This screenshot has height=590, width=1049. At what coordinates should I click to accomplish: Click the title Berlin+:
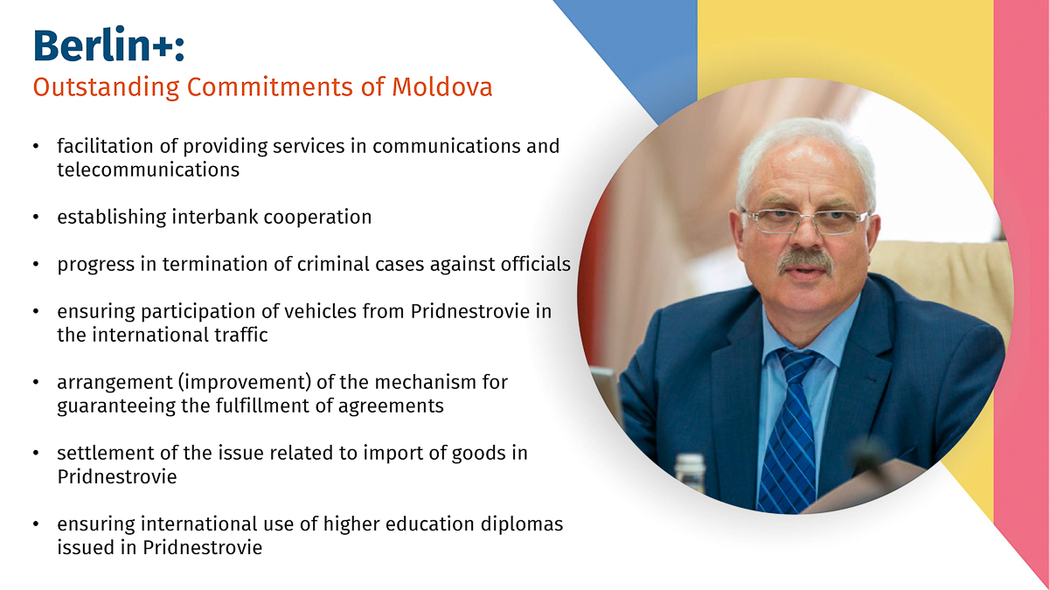click(108, 45)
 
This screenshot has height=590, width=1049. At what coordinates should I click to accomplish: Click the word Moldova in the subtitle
click(442, 87)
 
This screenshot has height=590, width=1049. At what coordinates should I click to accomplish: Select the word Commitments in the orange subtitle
click(270, 87)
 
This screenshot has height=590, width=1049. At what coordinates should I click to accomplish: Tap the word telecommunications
click(148, 170)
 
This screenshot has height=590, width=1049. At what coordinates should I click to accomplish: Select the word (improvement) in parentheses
click(245, 383)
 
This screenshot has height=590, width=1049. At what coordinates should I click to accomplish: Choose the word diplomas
click(522, 524)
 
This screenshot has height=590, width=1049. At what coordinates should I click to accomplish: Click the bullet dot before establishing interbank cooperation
click(36, 218)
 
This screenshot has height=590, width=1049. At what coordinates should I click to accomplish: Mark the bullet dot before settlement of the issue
click(36, 454)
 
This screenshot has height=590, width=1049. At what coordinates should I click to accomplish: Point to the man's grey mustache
click(805, 260)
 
